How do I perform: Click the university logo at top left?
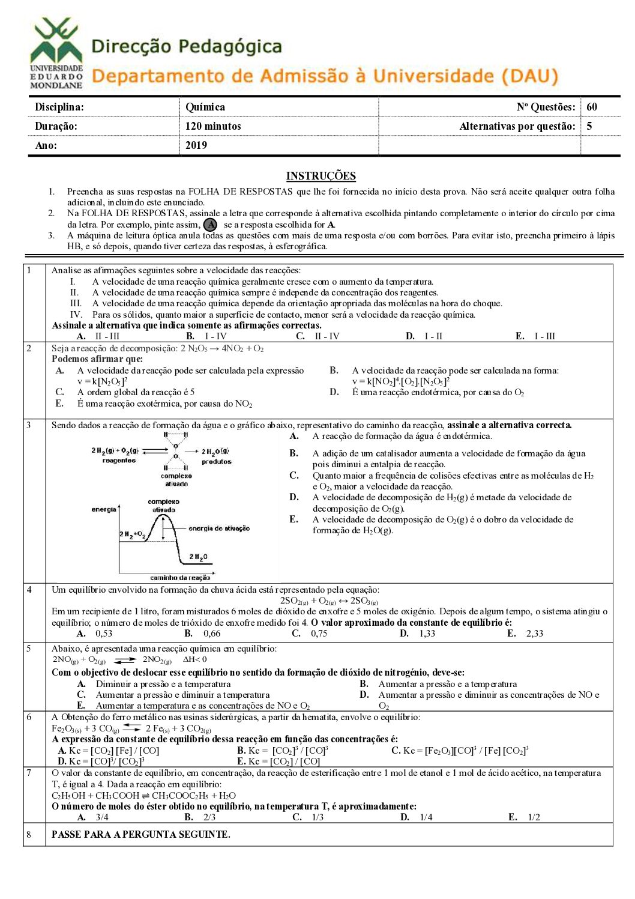[x=56, y=53]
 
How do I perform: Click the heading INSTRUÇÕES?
[x=321, y=176]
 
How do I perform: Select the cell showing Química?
[x=205, y=107]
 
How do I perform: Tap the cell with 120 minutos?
[x=213, y=126]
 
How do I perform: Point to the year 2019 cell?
[x=196, y=145]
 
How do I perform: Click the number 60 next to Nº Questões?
[x=592, y=107]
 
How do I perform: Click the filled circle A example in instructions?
[x=210, y=225]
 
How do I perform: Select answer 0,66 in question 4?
[x=212, y=634]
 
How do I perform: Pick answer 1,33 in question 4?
[x=427, y=634]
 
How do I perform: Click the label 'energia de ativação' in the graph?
[x=218, y=528]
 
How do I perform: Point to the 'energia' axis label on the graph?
[x=103, y=509]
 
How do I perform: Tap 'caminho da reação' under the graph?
[x=179, y=578]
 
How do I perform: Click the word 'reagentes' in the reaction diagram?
[x=119, y=461]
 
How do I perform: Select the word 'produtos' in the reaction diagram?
[x=216, y=462]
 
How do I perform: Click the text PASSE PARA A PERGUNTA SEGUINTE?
[x=141, y=834]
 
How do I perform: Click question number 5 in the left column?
[x=29, y=649]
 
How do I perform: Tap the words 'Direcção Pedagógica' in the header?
[x=187, y=46]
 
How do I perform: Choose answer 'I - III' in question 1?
[x=544, y=336]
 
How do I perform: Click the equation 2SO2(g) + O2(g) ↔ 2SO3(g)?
[x=329, y=601]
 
